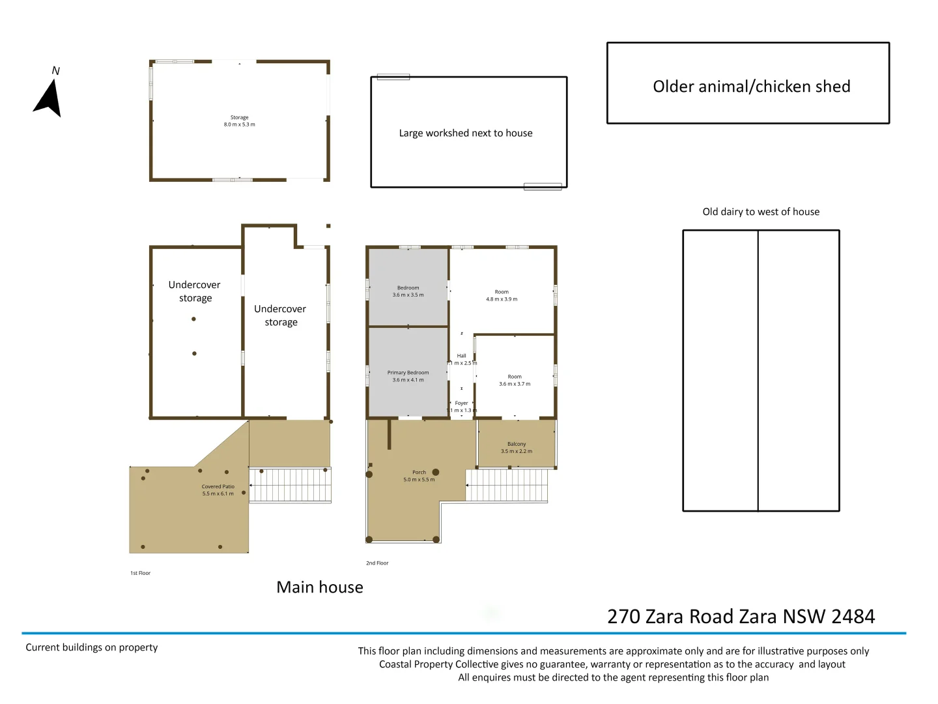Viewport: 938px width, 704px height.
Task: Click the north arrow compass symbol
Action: click(x=49, y=98)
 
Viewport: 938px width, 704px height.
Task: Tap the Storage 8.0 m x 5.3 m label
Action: click(x=239, y=121)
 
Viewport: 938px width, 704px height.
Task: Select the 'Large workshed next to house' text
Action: click(x=466, y=133)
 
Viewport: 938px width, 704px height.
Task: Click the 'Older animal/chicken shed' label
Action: click(x=751, y=86)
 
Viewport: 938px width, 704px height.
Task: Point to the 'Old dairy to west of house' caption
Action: click(x=761, y=212)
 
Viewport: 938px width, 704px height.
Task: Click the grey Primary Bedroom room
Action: click(x=408, y=376)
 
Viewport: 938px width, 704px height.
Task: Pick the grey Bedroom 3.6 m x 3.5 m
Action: click(x=408, y=291)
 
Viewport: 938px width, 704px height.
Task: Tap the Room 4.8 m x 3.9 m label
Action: click(x=502, y=295)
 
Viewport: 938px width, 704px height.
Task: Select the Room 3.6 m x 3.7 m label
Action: click(x=515, y=380)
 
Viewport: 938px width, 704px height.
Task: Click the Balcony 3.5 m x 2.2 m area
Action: click(x=517, y=447)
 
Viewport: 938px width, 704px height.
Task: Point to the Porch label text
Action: click(x=419, y=473)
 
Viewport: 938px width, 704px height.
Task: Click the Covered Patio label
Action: click(x=218, y=487)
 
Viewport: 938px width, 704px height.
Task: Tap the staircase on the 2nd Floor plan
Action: click(x=507, y=486)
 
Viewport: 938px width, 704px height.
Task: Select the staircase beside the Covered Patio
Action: click(x=291, y=485)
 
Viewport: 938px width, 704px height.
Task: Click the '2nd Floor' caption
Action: click(x=377, y=563)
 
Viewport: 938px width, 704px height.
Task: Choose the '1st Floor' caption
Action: click(x=140, y=573)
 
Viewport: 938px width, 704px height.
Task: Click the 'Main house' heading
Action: click(x=320, y=587)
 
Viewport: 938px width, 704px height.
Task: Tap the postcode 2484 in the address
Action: click(x=853, y=617)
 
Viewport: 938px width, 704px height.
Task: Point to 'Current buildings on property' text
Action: click(x=92, y=647)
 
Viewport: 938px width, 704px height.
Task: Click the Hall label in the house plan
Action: click(x=461, y=356)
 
